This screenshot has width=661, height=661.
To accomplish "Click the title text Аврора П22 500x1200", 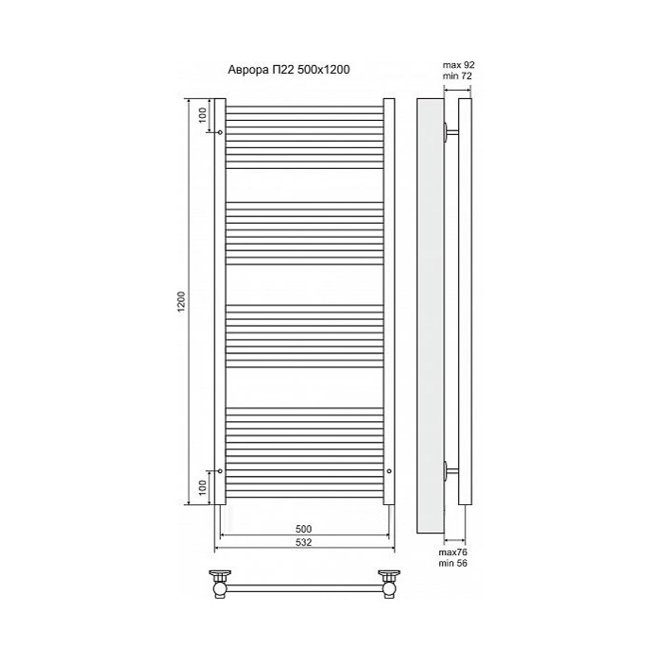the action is tap(289, 70).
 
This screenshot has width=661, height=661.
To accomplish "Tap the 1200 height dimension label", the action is tap(181, 301).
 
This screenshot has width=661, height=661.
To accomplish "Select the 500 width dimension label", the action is tap(303, 529).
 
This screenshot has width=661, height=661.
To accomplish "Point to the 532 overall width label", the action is tap(303, 542).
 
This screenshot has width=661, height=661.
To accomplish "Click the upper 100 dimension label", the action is tap(203, 114).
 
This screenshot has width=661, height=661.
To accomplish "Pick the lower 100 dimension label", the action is tap(203, 487).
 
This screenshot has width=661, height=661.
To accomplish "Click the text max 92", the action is tap(458, 65).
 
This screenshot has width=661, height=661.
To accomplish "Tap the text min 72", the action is tap(457, 76).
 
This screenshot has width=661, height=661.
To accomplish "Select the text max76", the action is tap(453, 552).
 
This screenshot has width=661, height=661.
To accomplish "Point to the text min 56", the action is tap(452, 563).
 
